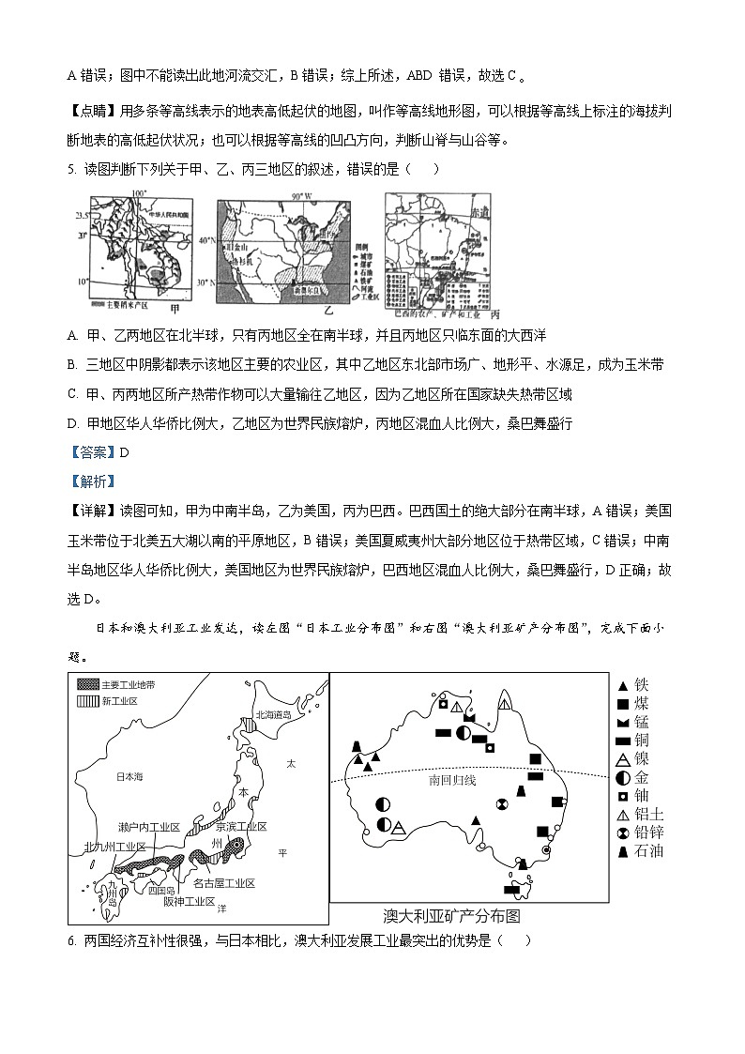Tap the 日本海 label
(x=128, y=777)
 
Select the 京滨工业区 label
(x=241, y=827)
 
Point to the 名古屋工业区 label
(x=224, y=884)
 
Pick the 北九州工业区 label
(x=115, y=847)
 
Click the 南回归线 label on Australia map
(x=448, y=780)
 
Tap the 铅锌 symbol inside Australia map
(x=502, y=803)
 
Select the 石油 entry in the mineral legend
(x=639, y=851)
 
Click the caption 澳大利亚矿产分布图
(x=451, y=916)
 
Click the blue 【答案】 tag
(x=92, y=452)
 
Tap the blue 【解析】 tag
(x=92, y=481)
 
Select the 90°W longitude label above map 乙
(x=299, y=196)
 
